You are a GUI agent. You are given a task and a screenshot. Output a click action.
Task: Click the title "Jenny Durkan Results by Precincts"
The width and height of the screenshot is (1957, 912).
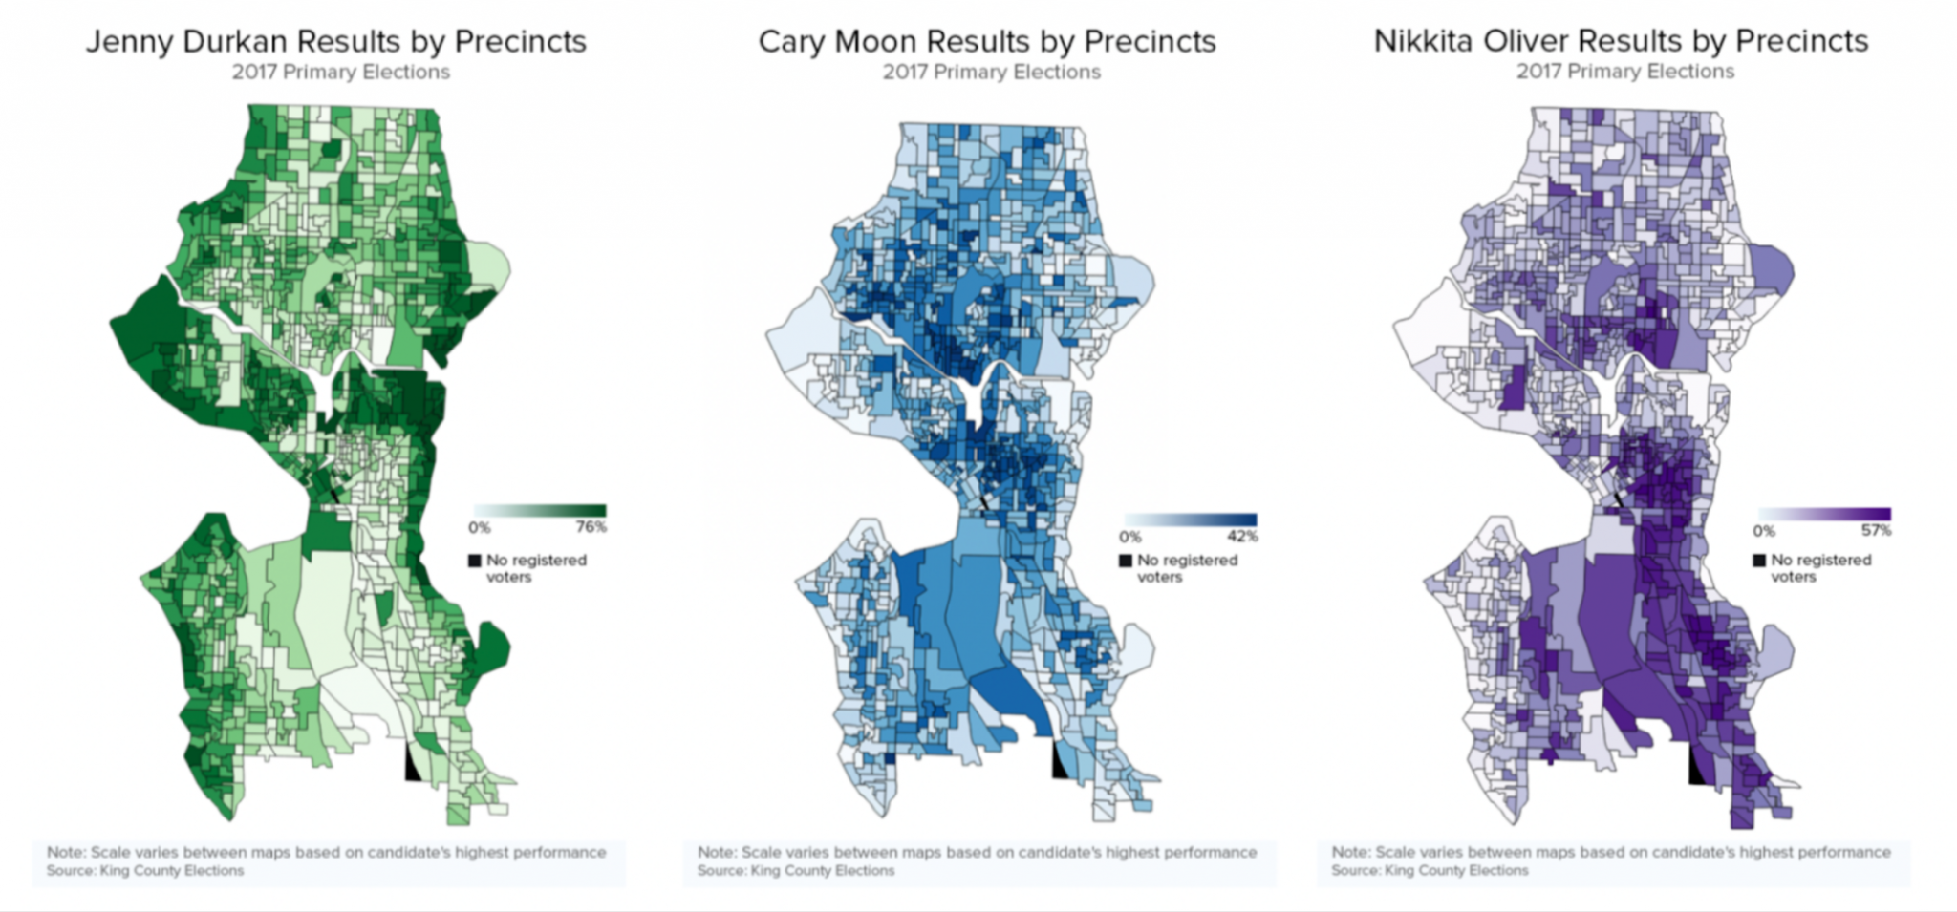pos(335,42)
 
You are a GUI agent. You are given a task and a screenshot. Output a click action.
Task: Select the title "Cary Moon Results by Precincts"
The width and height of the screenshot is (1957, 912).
pos(987,42)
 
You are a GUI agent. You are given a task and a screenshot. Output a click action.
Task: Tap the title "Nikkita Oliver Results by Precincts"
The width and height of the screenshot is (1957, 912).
pos(1621,41)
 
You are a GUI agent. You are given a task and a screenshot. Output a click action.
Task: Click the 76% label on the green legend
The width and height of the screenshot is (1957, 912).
pos(591,527)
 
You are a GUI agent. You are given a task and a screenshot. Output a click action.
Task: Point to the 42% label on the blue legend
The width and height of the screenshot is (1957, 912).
pos(1242,537)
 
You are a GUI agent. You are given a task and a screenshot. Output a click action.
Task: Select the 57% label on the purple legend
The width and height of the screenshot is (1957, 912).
pos(1876,531)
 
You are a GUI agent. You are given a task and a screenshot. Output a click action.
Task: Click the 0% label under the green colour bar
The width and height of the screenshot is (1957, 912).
pos(479,527)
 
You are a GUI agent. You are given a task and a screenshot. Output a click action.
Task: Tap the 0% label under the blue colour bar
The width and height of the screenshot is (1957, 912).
pos(1130,537)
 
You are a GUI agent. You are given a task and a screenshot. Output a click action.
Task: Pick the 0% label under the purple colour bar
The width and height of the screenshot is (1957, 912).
pos(1764,531)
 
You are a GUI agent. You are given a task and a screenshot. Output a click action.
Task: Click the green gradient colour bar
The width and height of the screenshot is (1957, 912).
pos(540,511)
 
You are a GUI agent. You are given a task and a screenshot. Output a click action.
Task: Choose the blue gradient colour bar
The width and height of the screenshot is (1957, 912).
pos(1191,520)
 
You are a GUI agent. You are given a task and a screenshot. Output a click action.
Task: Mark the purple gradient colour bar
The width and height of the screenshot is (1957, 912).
pos(1824,515)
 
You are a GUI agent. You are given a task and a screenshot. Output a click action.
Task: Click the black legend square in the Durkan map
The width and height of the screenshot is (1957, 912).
pos(474,561)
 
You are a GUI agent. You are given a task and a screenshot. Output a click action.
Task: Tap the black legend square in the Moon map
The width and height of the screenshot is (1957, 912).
pos(1126,561)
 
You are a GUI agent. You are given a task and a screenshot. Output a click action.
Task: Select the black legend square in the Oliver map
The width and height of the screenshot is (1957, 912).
pos(1759,561)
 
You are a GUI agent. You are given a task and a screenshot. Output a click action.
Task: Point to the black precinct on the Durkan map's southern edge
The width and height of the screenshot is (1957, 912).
pos(412,766)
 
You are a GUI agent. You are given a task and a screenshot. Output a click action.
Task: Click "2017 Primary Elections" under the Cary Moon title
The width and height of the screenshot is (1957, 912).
pos(991,73)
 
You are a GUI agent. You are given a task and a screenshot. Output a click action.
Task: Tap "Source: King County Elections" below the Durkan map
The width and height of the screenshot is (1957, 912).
pos(145,871)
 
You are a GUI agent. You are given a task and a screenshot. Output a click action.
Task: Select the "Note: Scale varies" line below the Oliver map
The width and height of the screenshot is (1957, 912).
pos(1610,852)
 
